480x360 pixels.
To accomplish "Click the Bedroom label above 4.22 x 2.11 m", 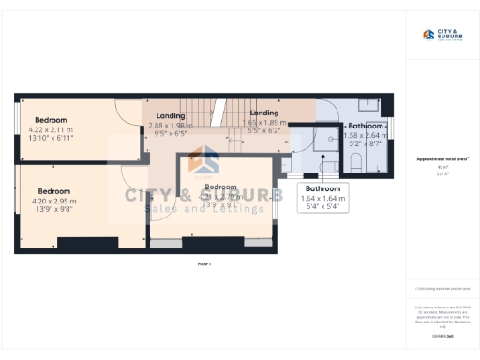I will pyautogui.click(x=51, y=120).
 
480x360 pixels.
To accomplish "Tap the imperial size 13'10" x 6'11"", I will pyautogui.click(x=53, y=138).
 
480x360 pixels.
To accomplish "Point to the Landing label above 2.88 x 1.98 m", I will pyautogui.click(x=170, y=115).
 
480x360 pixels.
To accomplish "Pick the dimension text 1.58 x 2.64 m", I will pyautogui.click(x=365, y=135).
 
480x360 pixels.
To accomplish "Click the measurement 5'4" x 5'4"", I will pyautogui.click(x=322, y=207).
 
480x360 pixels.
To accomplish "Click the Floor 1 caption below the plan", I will pyautogui.click(x=204, y=265).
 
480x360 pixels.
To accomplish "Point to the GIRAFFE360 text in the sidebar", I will pyautogui.click(x=442, y=336).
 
